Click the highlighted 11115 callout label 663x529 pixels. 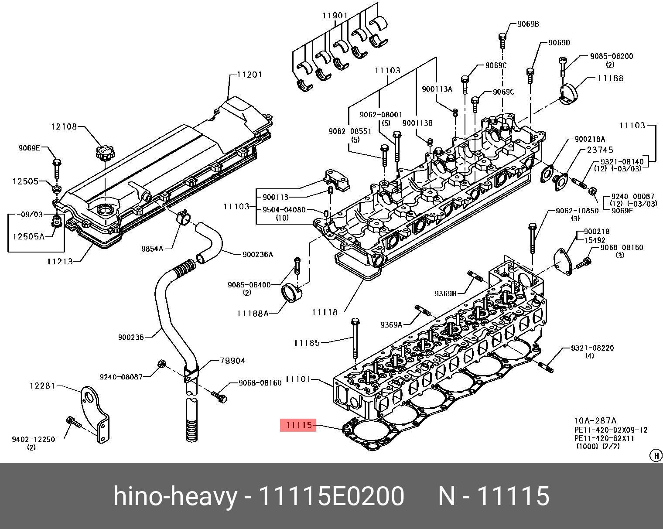[298, 425]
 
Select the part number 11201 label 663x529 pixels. [249, 75]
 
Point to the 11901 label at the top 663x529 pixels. [335, 15]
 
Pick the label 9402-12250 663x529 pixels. [33, 439]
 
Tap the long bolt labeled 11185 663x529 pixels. [355, 339]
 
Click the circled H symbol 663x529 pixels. [656, 455]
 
